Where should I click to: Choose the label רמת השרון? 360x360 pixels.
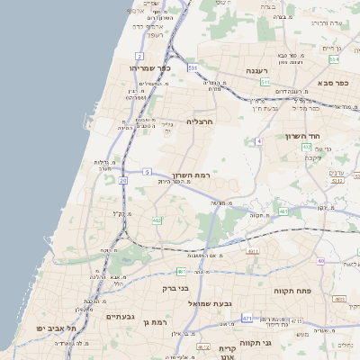tap(190, 175)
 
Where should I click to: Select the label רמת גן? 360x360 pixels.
tap(156, 321)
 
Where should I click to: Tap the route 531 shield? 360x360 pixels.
tap(192, 67)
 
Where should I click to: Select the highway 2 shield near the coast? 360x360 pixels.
tap(139, 56)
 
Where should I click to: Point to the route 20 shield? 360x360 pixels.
tap(122, 180)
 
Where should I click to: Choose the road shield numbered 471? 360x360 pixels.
tap(247, 318)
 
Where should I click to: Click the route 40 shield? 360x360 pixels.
tap(320, 261)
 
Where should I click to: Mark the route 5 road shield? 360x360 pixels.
tap(146, 171)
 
